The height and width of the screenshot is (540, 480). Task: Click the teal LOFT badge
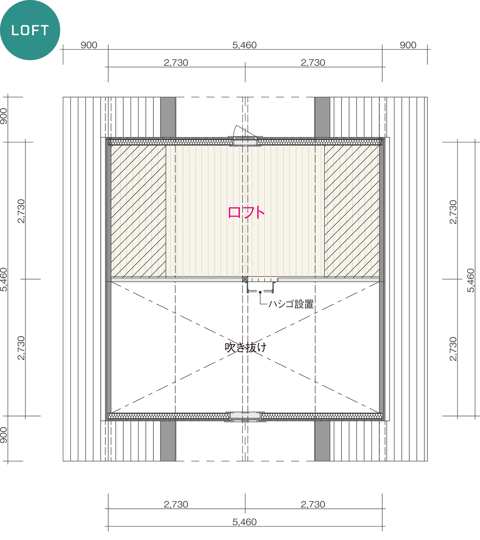coord(30,30)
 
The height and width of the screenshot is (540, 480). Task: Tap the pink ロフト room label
coord(246,212)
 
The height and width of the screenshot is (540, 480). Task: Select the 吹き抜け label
coord(245,347)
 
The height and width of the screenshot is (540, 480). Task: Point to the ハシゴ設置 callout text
coord(291,304)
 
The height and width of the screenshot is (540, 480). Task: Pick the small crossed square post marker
coord(245,279)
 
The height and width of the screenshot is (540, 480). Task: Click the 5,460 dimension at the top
coord(244,45)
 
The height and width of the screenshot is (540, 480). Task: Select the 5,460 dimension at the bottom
coord(244,522)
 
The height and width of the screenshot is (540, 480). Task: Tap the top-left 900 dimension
coord(89,45)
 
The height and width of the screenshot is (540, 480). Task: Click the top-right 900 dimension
coord(408,45)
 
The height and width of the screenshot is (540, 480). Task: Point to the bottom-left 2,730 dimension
coord(176,504)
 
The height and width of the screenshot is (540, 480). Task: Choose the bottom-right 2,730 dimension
coord(313,504)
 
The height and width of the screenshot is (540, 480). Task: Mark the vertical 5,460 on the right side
coord(471,280)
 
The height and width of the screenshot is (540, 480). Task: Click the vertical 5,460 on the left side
coord(4,280)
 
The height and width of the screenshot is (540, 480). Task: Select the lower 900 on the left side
coord(4,435)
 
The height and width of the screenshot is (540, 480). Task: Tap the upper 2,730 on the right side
coord(453,212)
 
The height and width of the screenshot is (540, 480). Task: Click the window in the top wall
coord(245,142)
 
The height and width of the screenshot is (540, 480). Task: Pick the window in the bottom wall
coord(245,416)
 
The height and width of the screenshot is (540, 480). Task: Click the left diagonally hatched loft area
coord(138,211)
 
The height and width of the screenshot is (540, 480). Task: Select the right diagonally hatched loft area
coord(352,211)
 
